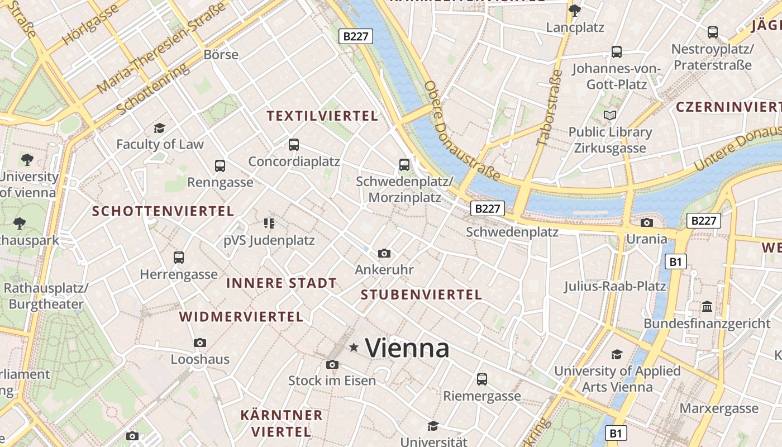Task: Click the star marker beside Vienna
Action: coord(354,348)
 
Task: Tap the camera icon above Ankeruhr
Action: coord(384,254)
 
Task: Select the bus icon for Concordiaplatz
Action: coord(294,145)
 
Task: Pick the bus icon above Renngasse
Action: coord(220,166)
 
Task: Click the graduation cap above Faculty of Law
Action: coord(160,129)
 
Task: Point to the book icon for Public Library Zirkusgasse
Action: coord(609,116)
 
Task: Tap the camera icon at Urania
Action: coord(647,223)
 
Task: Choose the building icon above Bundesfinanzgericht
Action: coord(707,307)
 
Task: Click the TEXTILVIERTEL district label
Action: coord(322,116)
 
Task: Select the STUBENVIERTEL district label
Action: coord(421,295)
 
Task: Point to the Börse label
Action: coord(221,55)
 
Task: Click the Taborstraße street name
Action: coord(549,108)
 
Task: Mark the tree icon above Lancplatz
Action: coord(574,10)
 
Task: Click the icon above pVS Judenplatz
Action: coord(269,224)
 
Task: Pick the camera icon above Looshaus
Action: coord(200,343)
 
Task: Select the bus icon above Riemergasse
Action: coord(482,379)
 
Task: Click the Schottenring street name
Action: coord(152,90)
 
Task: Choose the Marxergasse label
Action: coord(719,408)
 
